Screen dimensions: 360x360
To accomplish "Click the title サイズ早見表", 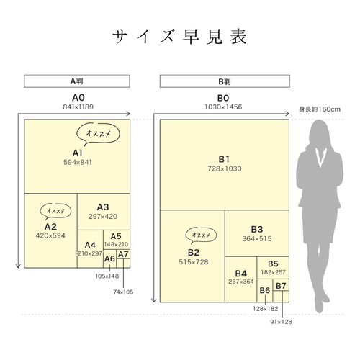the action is [x=179, y=37].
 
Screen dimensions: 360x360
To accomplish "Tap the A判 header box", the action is [x=77, y=81].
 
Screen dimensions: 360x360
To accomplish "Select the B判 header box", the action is [x=225, y=81].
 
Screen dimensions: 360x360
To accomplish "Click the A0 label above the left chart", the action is [x=78, y=98].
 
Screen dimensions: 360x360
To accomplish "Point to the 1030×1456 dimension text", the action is [x=223, y=107].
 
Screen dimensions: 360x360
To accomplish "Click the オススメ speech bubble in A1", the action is [x=98, y=134].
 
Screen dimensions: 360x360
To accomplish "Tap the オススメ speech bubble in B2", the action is [x=201, y=235].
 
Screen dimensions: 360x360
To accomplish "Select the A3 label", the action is [x=103, y=207].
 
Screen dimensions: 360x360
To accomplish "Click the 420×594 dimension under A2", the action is [x=50, y=235].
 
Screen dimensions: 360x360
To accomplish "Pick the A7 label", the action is [x=123, y=254].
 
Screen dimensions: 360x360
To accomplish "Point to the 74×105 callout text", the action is [x=123, y=292].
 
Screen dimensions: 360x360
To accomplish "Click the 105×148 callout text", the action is [x=107, y=276].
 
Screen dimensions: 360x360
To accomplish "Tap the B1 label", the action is [x=224, y=159].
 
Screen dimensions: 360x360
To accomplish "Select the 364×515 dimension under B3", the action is [x=257, y=239].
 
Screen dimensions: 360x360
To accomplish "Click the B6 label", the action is [x=265, y=290].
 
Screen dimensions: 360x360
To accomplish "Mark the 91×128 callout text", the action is [x=281, y=322].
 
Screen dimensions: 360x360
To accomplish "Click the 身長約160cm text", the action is [x=320, y=109].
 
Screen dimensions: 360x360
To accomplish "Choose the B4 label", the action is [x=241, y=274].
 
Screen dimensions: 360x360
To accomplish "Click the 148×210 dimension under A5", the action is [x=116, y=244].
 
